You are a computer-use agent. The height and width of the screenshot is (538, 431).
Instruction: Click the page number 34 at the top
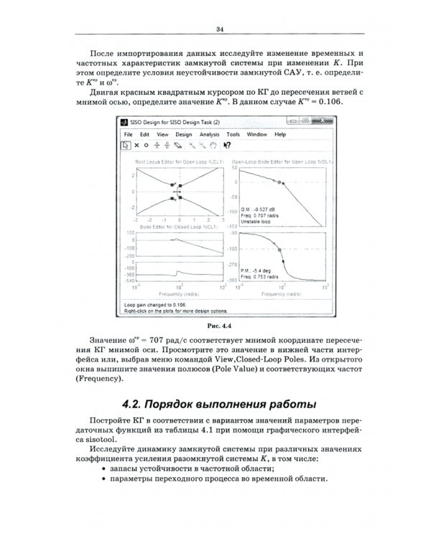pos(220,29)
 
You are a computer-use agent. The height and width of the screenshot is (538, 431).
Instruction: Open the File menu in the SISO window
pos(128,134)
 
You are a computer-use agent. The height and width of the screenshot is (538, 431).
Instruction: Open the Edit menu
pos(144,134)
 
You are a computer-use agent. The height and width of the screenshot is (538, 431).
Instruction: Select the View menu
pos(162,134)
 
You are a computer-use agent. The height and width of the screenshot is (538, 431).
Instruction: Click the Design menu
pos(183,134)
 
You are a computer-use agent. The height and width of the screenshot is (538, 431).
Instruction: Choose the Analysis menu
pos(209,134)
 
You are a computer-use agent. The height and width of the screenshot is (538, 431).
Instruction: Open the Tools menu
pos(233,134)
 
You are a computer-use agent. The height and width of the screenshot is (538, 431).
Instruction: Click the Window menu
pos(256,134)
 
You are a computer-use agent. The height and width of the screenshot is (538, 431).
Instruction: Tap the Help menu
pos(279,134)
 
